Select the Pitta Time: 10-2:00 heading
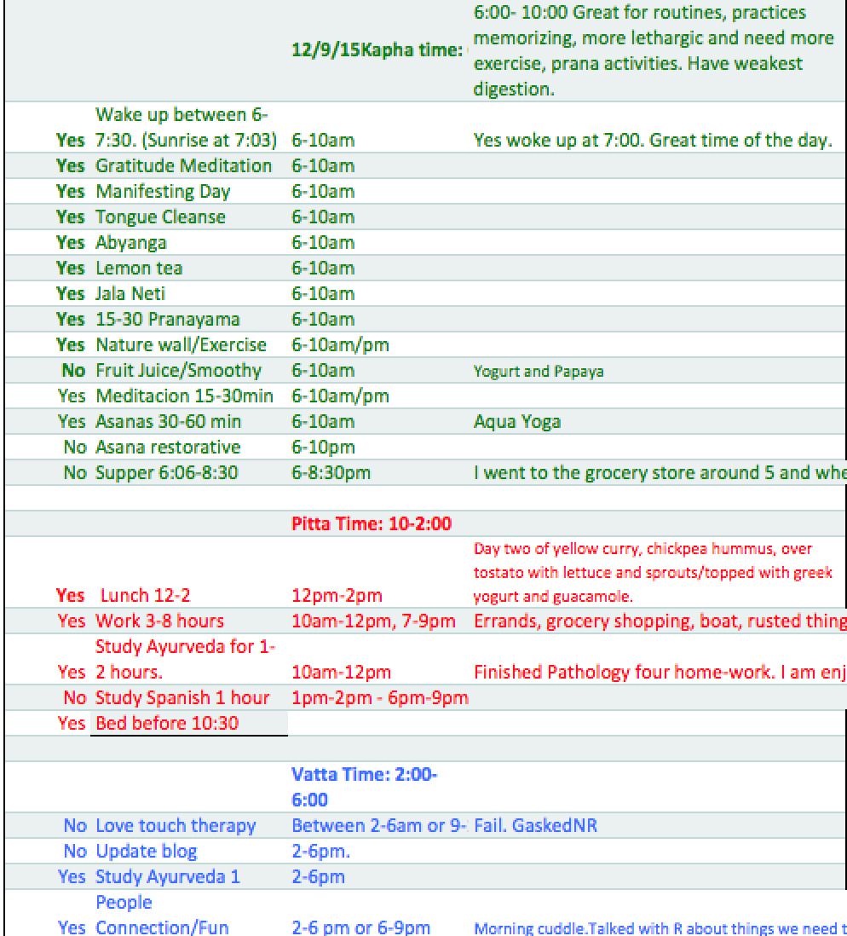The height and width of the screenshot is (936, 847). pos(372,524)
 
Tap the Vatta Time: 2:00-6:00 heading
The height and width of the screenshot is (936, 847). pos(365,787)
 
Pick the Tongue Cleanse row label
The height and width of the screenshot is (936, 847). pos(160,217)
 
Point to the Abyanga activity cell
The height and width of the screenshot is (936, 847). pos(130,242)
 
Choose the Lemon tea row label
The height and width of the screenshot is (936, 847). pos(139,268)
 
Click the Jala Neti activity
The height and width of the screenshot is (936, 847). pos(130,293)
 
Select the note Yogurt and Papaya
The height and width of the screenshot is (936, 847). pos(539,371)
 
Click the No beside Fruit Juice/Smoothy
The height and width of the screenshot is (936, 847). pos(74,370)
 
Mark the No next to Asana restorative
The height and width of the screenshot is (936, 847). pos(74,447)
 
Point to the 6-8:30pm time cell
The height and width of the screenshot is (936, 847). pos(331,472)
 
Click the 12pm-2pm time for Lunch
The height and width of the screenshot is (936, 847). pos(337,596)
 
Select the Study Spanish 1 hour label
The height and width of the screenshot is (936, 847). pos(182,697)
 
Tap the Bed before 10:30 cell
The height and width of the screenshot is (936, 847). pos(167,723)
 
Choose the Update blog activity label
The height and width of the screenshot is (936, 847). pos(146,851)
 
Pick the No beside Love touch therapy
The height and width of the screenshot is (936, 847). pos(74,825)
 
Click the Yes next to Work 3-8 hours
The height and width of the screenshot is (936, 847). pos(72,621)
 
